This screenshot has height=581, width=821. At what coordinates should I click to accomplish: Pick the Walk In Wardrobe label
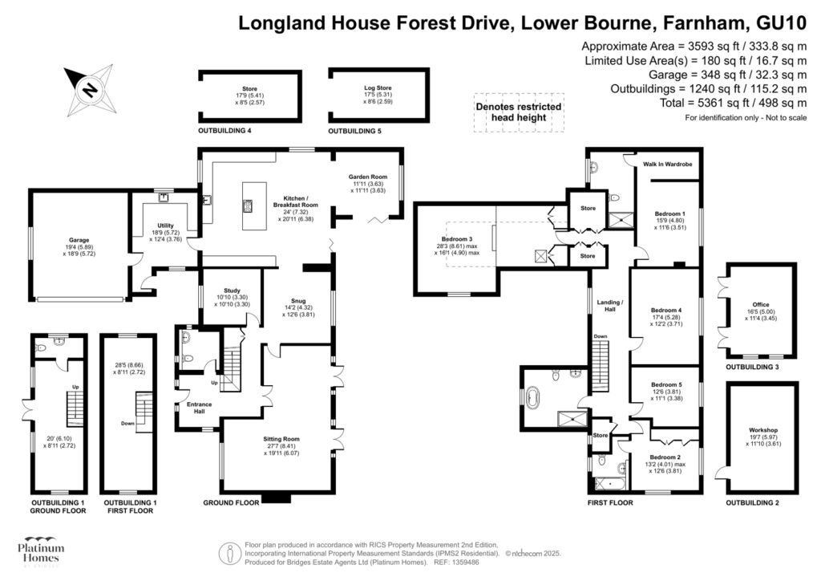667,165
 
